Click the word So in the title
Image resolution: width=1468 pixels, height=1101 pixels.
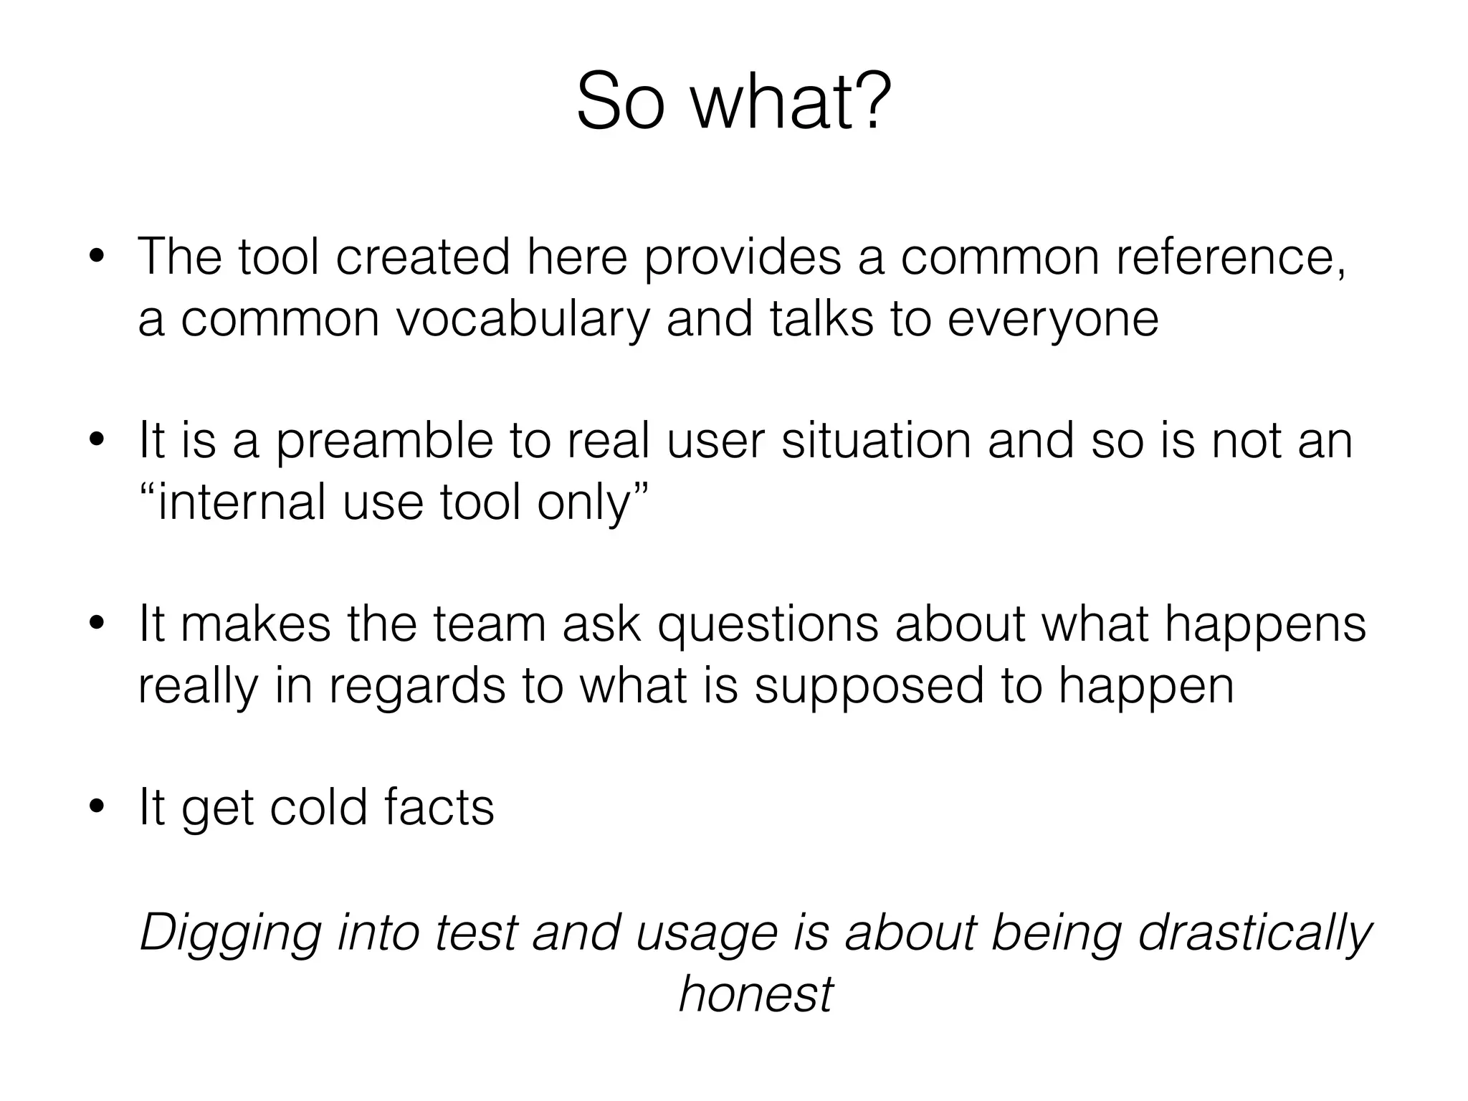pos(617,103)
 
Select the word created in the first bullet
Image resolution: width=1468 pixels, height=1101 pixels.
pos(423,257)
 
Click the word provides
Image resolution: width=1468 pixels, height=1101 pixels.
pos(741,257)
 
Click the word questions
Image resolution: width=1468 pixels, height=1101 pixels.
pos(768,624)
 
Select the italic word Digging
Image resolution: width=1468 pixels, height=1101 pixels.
pos(229,933)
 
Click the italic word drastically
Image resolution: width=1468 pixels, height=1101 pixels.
pos(1254,933)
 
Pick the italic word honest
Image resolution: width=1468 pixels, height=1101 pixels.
pos(756,994)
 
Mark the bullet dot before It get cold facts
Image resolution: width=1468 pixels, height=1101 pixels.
pos(96,809)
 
